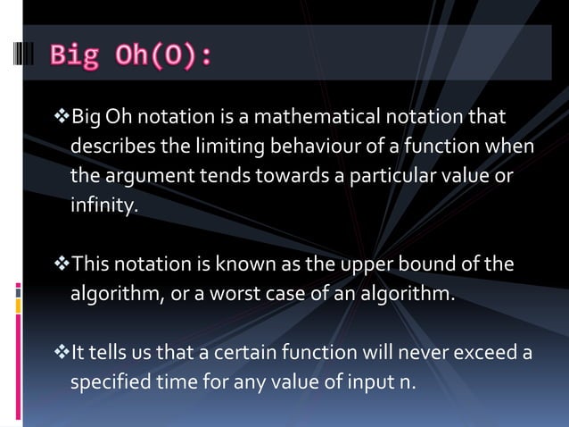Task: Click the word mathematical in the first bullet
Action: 326,117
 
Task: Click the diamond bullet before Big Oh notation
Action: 61,117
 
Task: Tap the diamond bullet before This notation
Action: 61,264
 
